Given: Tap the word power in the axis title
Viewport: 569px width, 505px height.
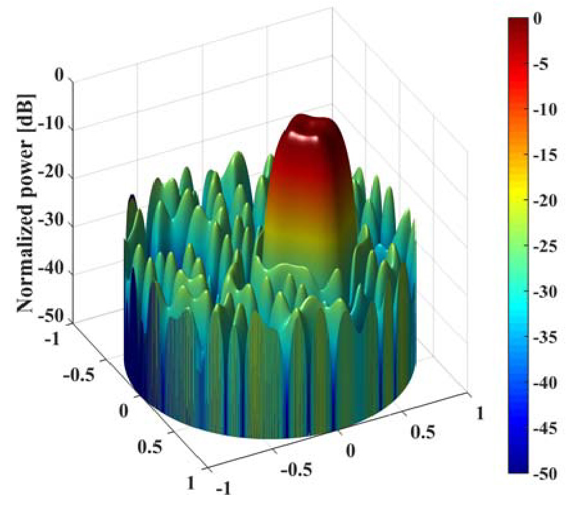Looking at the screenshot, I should click(26, 151).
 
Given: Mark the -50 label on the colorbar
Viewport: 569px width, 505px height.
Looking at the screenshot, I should click(545, 475).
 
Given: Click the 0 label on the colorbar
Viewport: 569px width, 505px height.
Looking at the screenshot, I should click(536, 19).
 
